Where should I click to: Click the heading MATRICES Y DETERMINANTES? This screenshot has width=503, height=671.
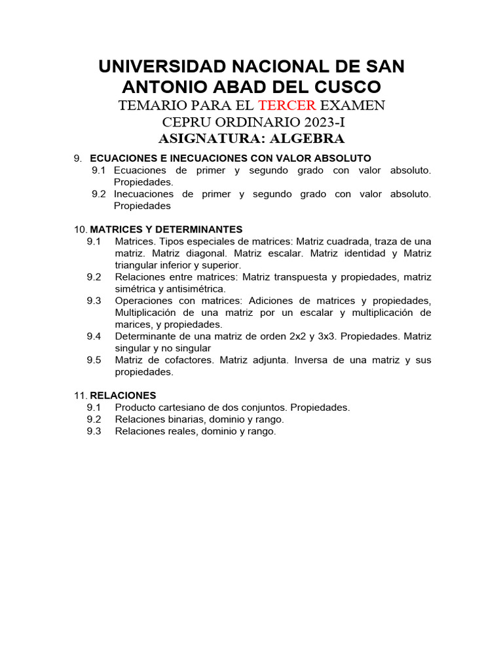[166, 229]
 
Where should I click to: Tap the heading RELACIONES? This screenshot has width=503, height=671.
[122, 395]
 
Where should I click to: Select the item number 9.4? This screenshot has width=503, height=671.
[94, 336]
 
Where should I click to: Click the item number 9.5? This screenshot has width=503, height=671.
[94, 360]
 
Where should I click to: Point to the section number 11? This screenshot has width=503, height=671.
[80, 395]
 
